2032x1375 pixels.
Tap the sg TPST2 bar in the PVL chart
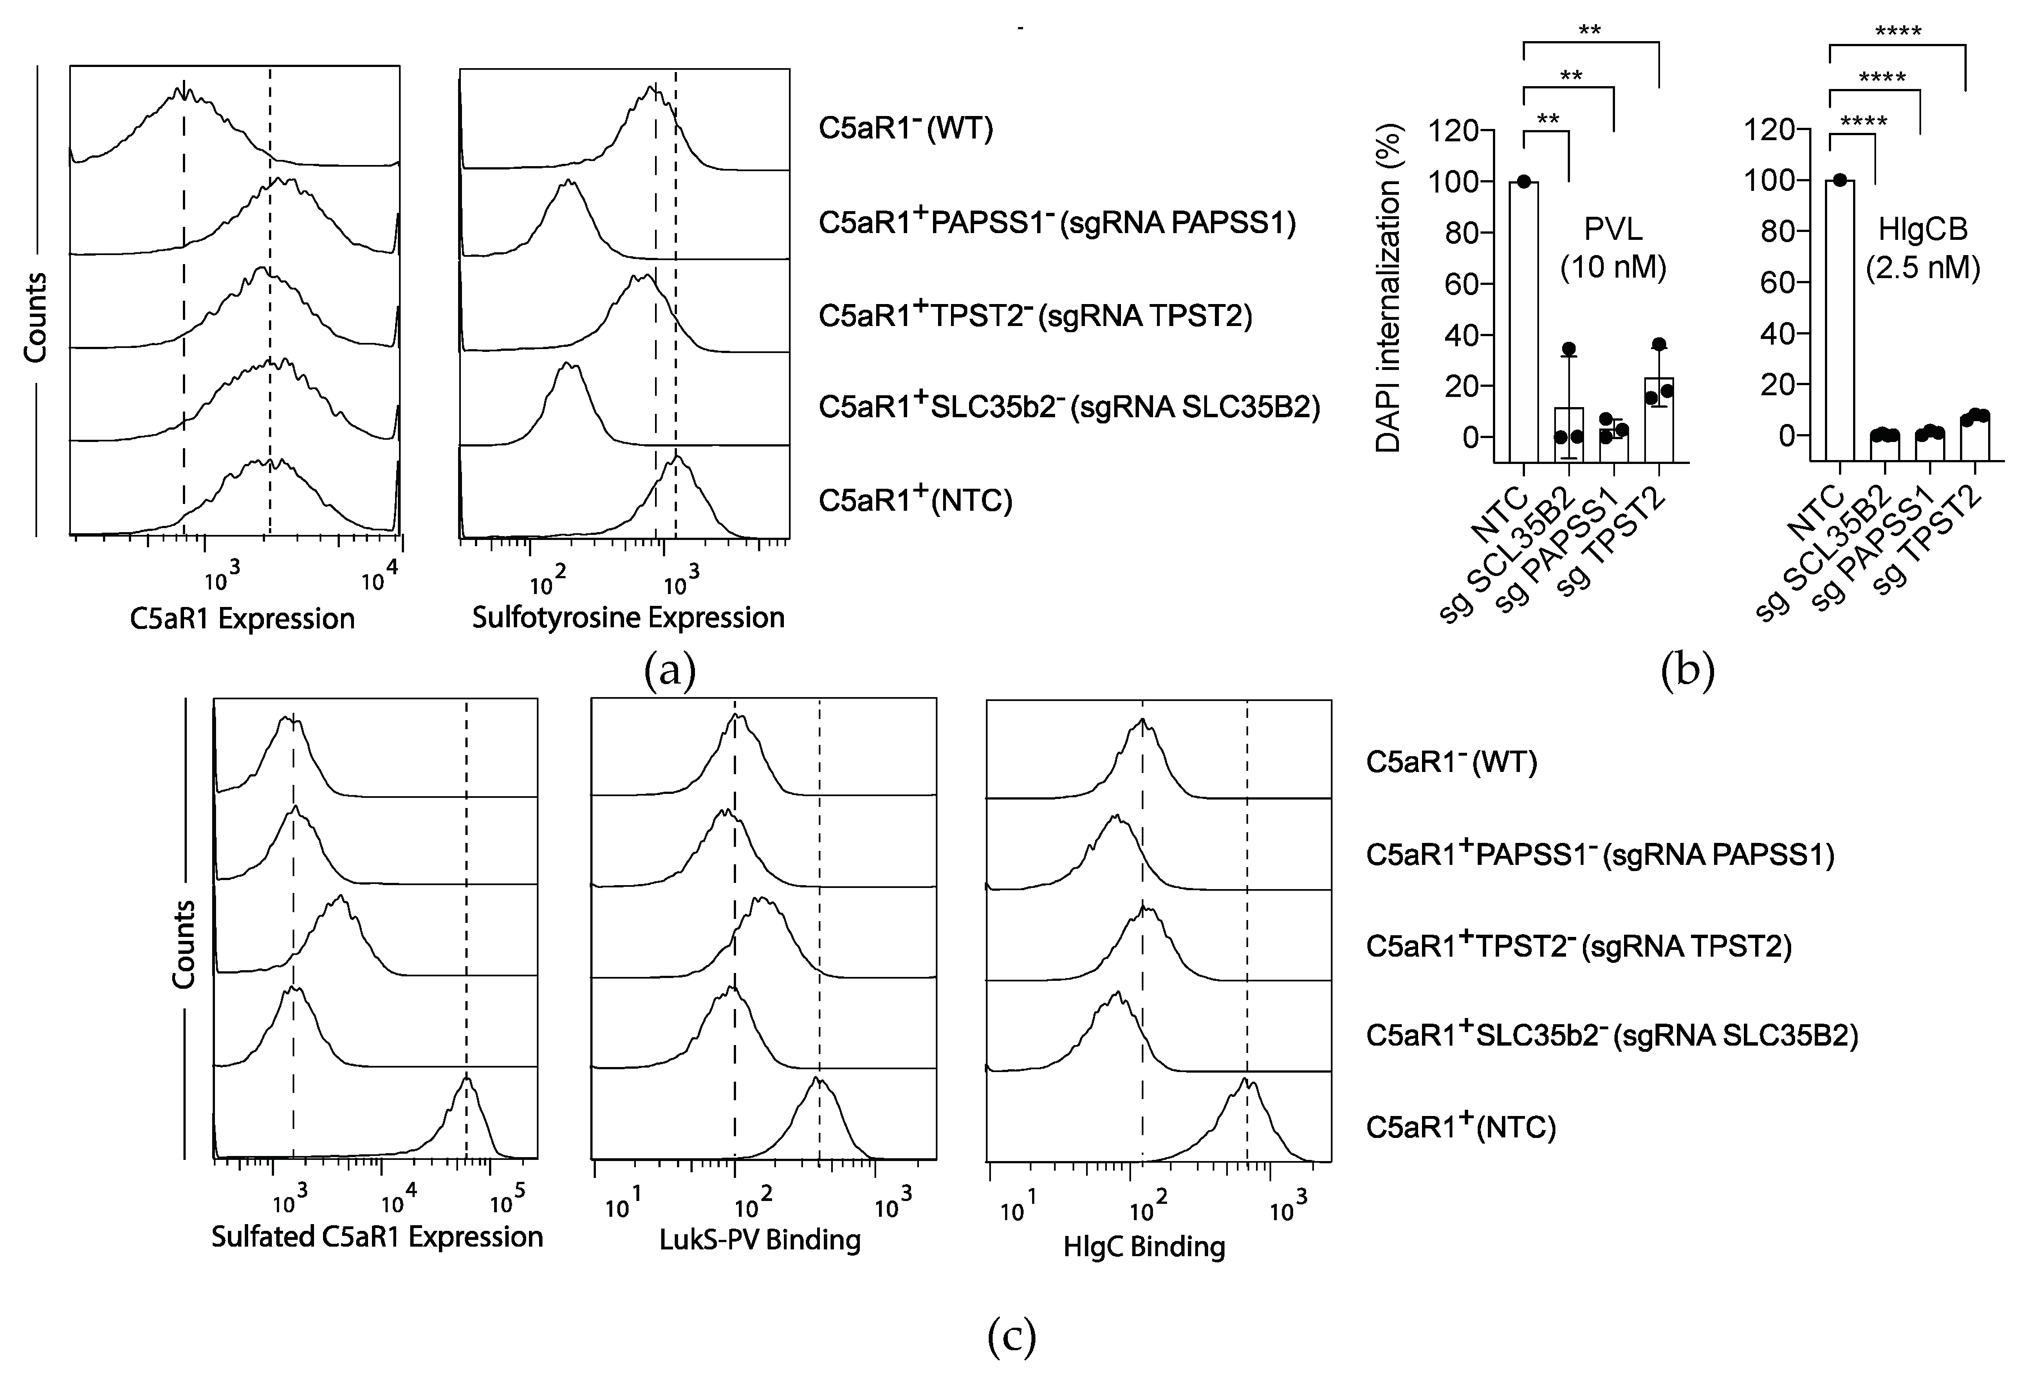(x=1659, y=420)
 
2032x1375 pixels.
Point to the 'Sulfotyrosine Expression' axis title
(x=628, y=618)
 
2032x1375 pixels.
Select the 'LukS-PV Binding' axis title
(x=760, y=1239)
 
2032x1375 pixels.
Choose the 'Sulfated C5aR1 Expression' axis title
(x=377, y=1236)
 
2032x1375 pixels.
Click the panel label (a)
(x=670, y=672)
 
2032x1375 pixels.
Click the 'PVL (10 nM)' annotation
(x=1613, y=248)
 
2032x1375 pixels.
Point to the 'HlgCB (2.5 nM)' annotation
(x=1923, y=248)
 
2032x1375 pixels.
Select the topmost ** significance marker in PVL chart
(x=1590, y=30)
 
